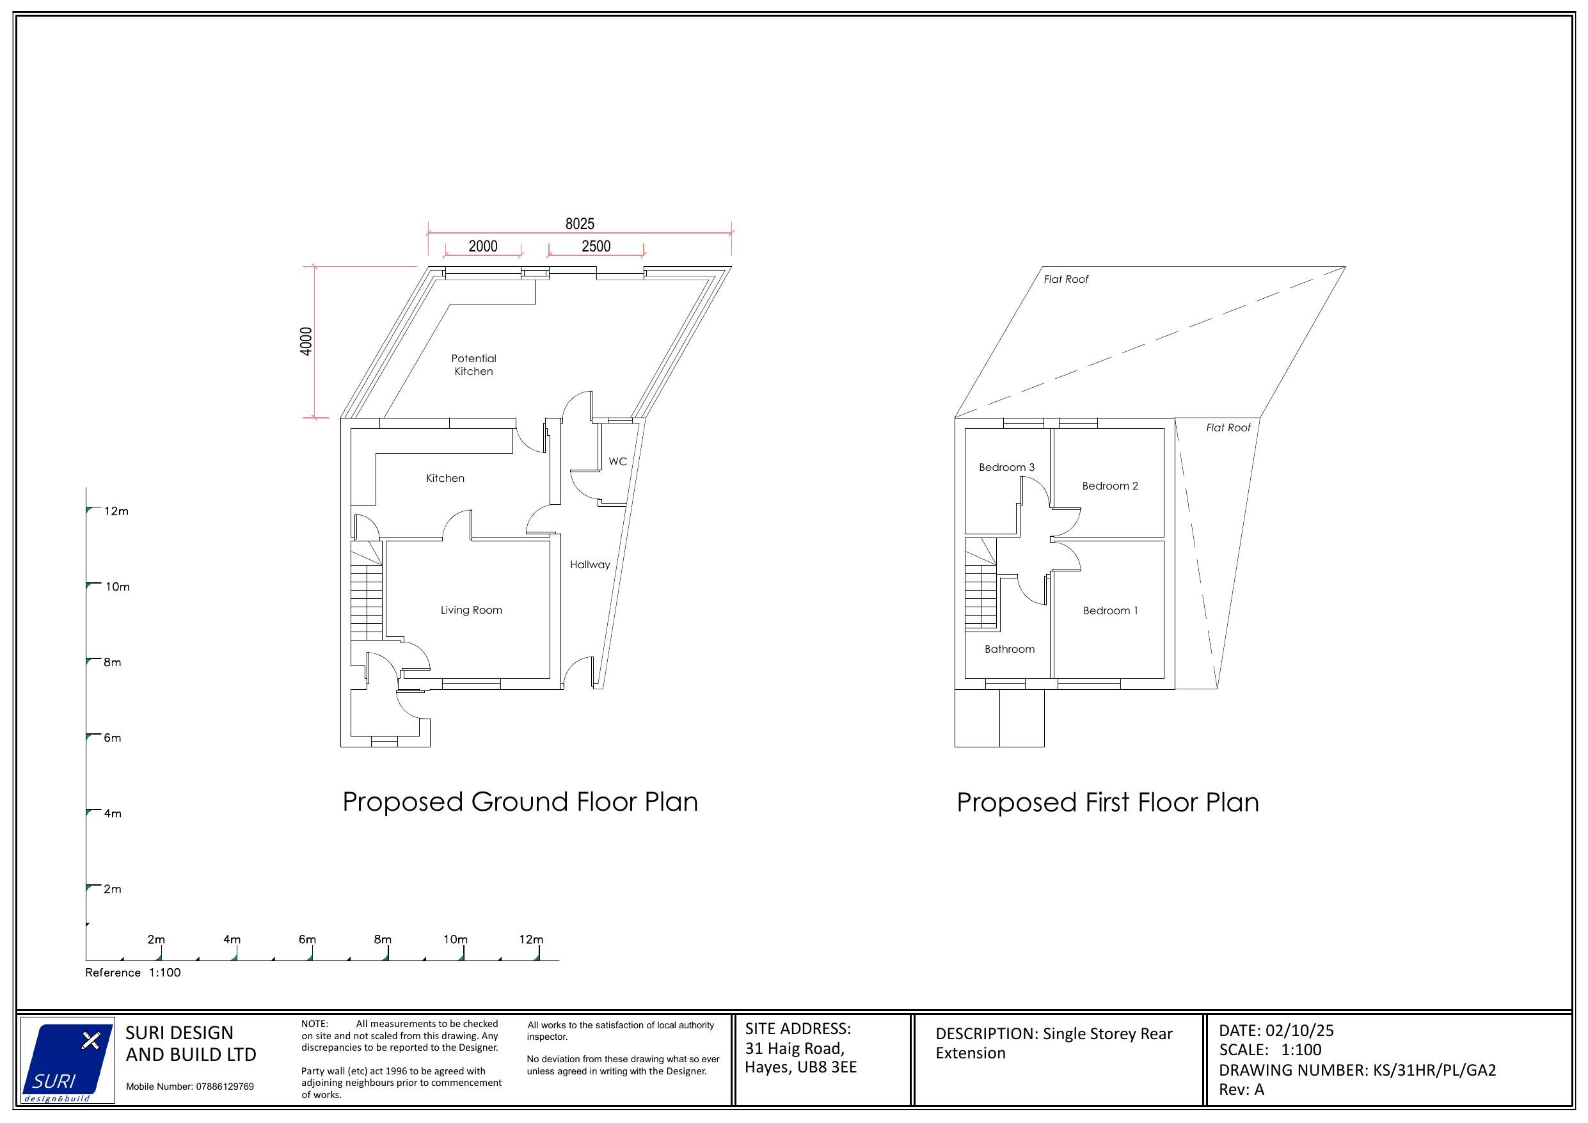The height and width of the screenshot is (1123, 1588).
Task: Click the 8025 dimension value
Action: point(580,223)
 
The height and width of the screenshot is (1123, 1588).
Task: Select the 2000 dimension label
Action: point(483,246)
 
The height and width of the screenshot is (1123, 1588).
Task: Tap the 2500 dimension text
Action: point(596,246)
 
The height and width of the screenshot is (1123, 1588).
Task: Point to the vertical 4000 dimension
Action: point(306,341)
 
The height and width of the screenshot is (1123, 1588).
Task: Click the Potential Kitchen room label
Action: point(473,365)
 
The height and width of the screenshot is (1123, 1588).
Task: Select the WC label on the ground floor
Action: point(617,461)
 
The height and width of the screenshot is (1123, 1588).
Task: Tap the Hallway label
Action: point(590,564)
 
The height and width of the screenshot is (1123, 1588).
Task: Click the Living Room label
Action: point(471,610)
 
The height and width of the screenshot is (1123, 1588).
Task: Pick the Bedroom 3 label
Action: point(1006,468)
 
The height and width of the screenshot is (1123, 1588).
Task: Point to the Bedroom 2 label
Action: point(1109,486)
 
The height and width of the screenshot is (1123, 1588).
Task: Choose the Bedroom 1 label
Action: point(1109,611)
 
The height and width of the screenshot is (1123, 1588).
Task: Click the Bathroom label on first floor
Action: point(1009,649)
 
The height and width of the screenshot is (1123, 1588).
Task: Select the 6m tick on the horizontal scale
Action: point(308,939)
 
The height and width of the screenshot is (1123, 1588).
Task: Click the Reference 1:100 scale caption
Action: point(133,973)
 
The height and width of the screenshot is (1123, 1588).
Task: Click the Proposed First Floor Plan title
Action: point(1108,802)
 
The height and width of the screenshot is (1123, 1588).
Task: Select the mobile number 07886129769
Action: point(225,1087)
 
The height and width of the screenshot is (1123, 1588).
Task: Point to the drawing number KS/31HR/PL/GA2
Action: point(1434,1071)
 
